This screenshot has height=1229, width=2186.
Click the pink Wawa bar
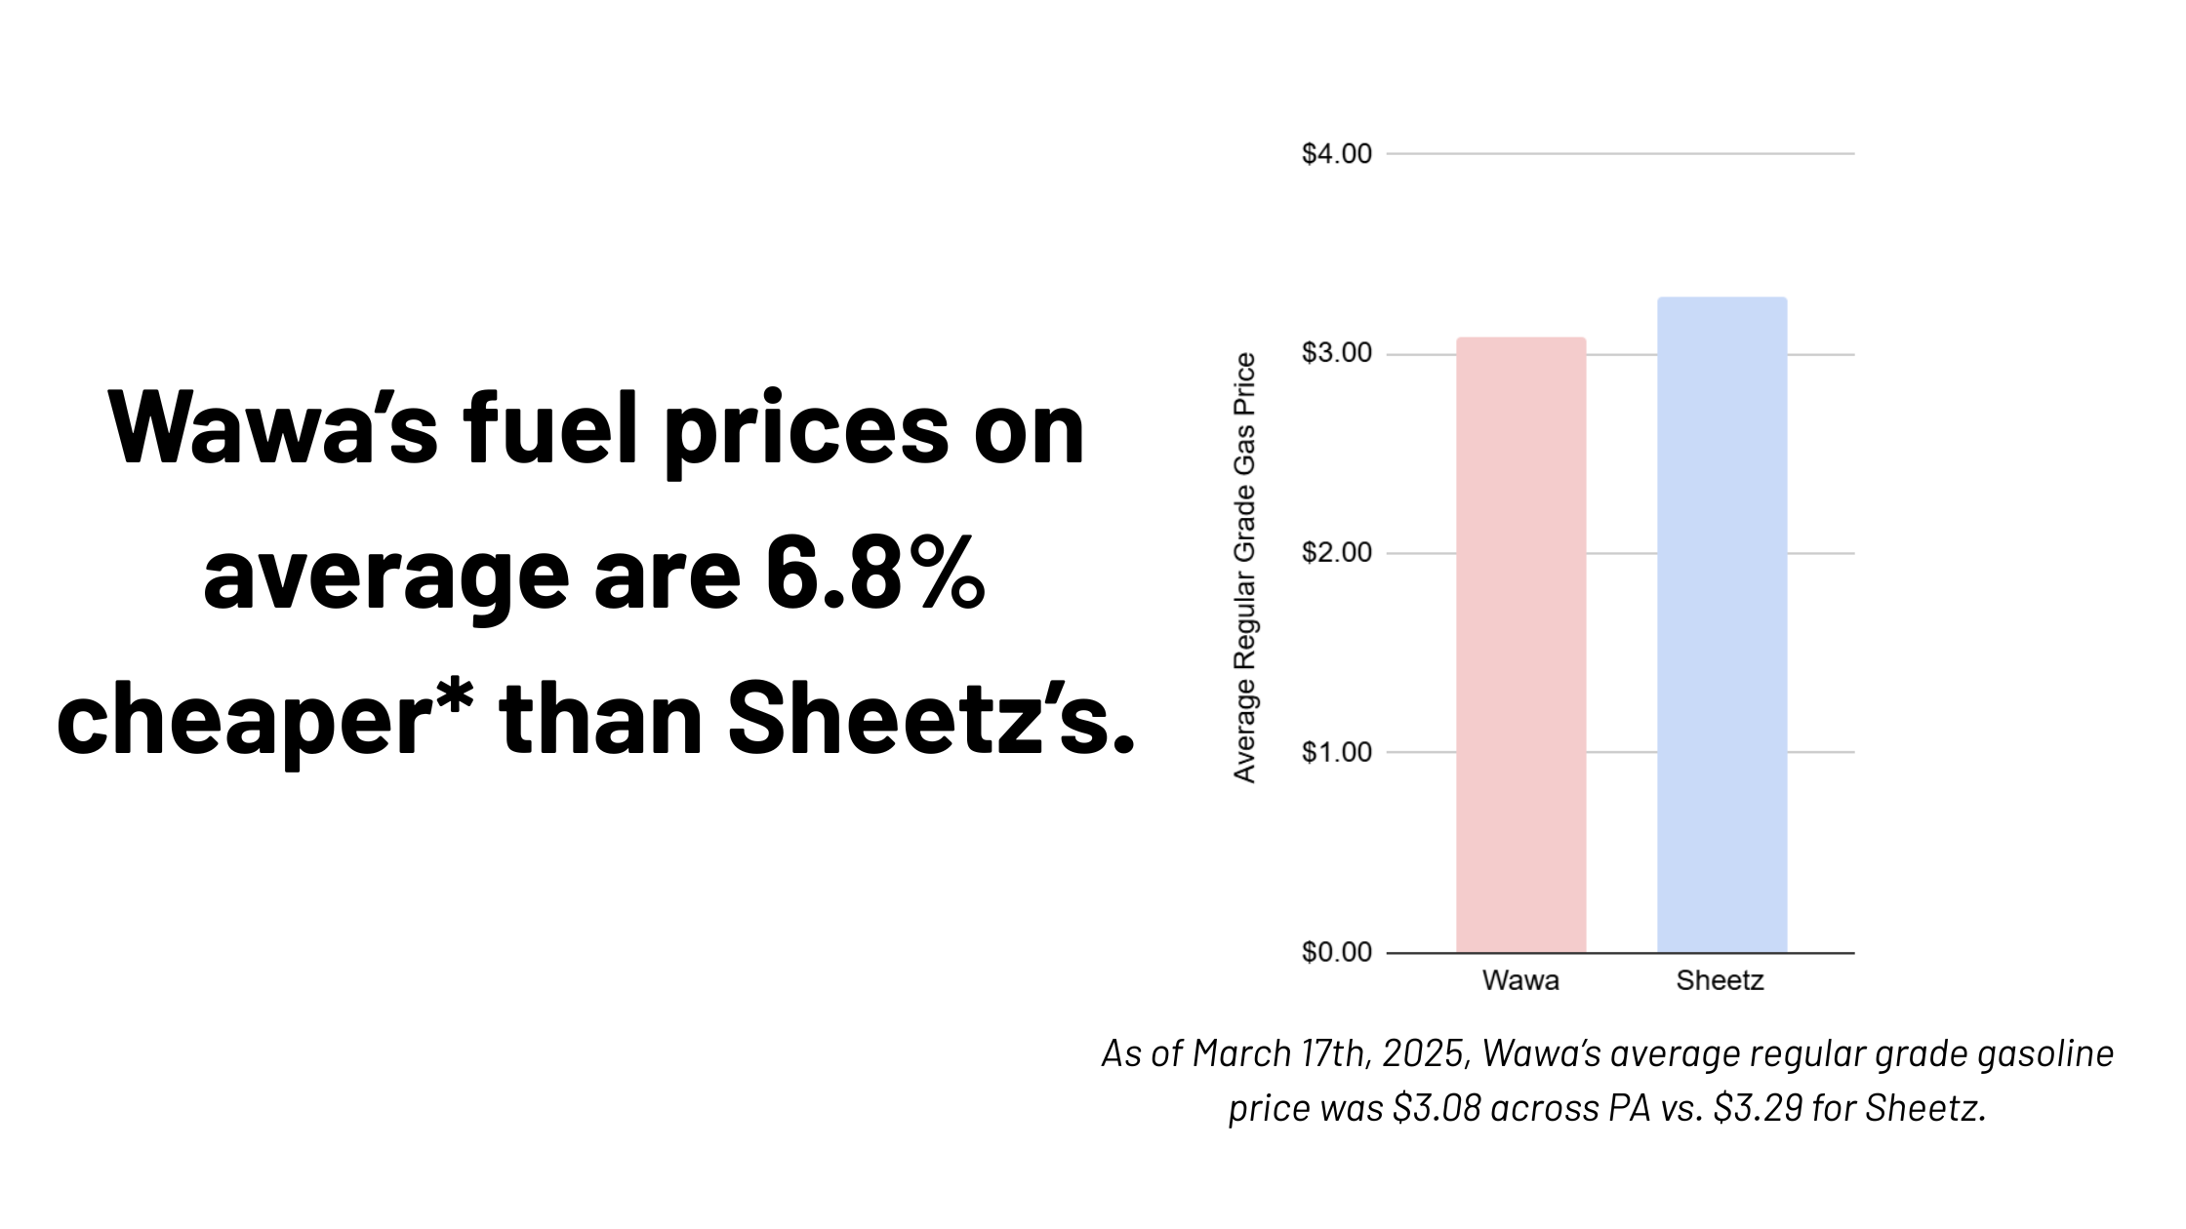point(1520,644)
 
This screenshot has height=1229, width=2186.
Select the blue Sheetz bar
point(1721,624)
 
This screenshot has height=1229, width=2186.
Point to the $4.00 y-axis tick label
point(1336,154)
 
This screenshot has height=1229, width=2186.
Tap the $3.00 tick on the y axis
point(1336,353)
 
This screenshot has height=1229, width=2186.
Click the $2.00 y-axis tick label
point(1336,553)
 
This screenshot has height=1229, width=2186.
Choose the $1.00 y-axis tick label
point(1336,752)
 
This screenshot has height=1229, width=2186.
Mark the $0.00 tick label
point(1336,952)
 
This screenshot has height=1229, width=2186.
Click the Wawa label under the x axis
point(1520,980)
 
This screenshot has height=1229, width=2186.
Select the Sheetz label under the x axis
point(1720,980)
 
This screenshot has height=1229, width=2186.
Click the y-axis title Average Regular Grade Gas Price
point(1244,568)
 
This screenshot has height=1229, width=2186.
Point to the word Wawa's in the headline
point(273,429)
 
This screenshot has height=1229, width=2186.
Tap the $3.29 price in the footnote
point(1758,1108)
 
